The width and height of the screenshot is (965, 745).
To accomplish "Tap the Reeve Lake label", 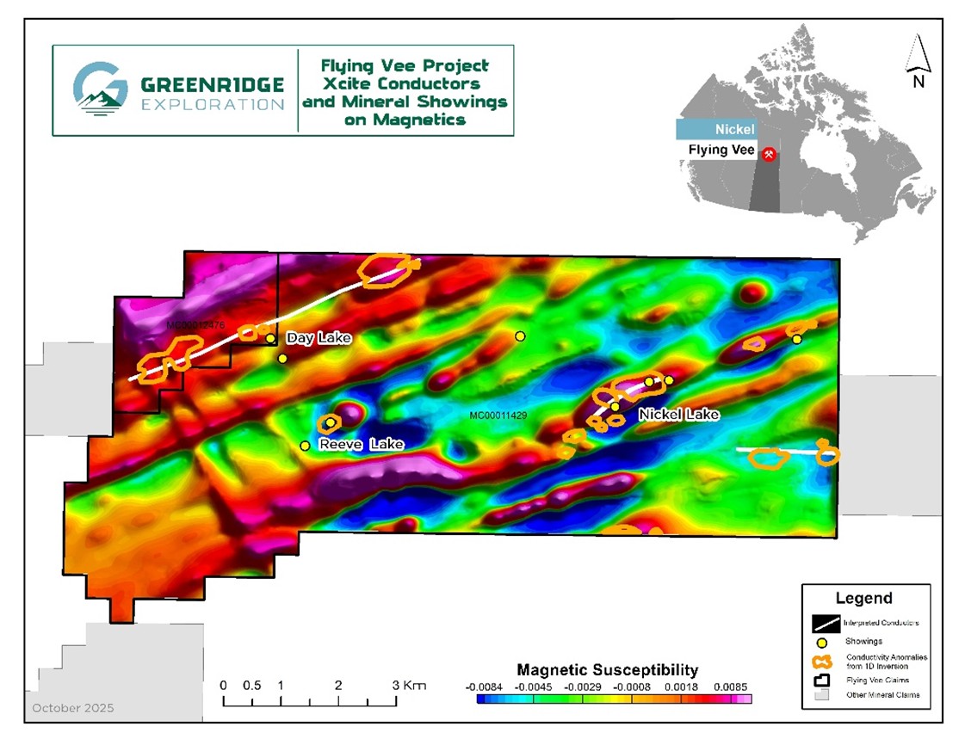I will [x=361, y=445].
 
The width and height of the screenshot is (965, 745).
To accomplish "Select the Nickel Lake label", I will [x=678, y=415].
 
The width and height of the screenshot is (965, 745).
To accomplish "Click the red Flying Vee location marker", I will [x=770, y=153].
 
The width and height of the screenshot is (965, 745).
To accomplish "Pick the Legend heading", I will [x=863, y=599].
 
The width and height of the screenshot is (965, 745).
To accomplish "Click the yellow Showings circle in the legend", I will [x=822, y=642].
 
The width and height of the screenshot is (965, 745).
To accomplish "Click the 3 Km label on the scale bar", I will [x=409, y=686].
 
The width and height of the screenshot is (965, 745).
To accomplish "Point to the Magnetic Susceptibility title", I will [x=607, y=669].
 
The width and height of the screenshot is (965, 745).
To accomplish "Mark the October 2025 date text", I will [x=73, y=709].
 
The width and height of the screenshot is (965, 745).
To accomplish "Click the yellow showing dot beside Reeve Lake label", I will [x=305, y=446].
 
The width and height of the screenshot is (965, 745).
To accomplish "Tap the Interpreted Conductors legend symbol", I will [x=823, y=622].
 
